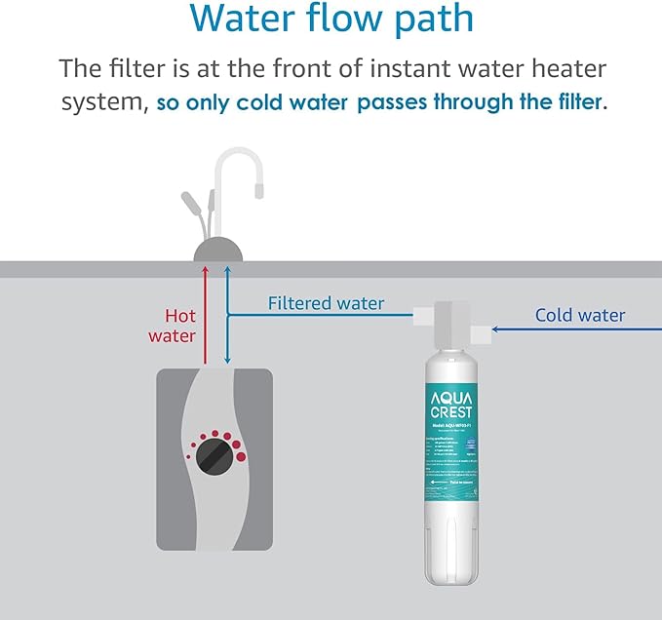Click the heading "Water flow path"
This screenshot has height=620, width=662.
[331, 19]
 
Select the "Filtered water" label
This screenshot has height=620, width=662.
[326, 304]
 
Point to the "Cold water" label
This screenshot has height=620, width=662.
[580, 315]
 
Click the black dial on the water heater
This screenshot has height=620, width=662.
[214, 457]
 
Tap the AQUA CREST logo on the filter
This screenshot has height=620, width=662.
[450, 403]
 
